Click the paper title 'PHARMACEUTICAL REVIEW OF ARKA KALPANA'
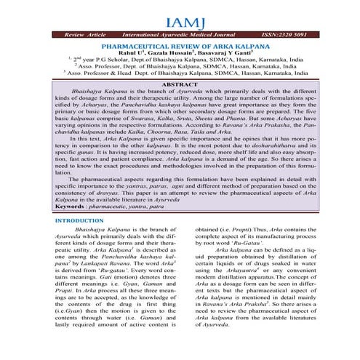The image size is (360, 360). pyautogui.click(x=180, y=46)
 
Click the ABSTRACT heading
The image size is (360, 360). pyautogui.click(x=179, y=85)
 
